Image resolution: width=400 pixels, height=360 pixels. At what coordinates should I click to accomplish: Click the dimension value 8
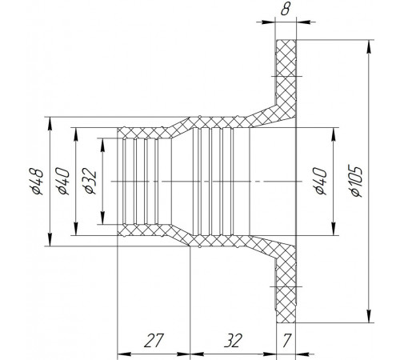click(x=285, y=10)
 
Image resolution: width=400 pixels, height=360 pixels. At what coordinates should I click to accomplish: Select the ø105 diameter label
click(x=357, y=182)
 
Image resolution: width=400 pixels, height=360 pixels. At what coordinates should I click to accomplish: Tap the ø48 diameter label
click(x=37, y=182)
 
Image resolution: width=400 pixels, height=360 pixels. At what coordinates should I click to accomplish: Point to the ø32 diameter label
click(x=90, y=181)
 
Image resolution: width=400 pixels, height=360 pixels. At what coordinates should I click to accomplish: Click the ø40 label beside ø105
click(x=320, y=181)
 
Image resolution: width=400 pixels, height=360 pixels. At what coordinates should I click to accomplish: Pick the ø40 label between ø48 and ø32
click(x=62, y=181)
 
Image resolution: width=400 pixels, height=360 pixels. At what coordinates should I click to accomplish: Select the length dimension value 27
click(x=153, y=341)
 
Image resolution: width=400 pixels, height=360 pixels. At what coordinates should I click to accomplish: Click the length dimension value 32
click(x=233, y=341)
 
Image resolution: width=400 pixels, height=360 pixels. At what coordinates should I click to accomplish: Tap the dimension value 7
click(x=286, y=341)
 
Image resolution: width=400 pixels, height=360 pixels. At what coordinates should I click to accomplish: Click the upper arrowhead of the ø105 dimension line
click(x=369, y=46)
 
